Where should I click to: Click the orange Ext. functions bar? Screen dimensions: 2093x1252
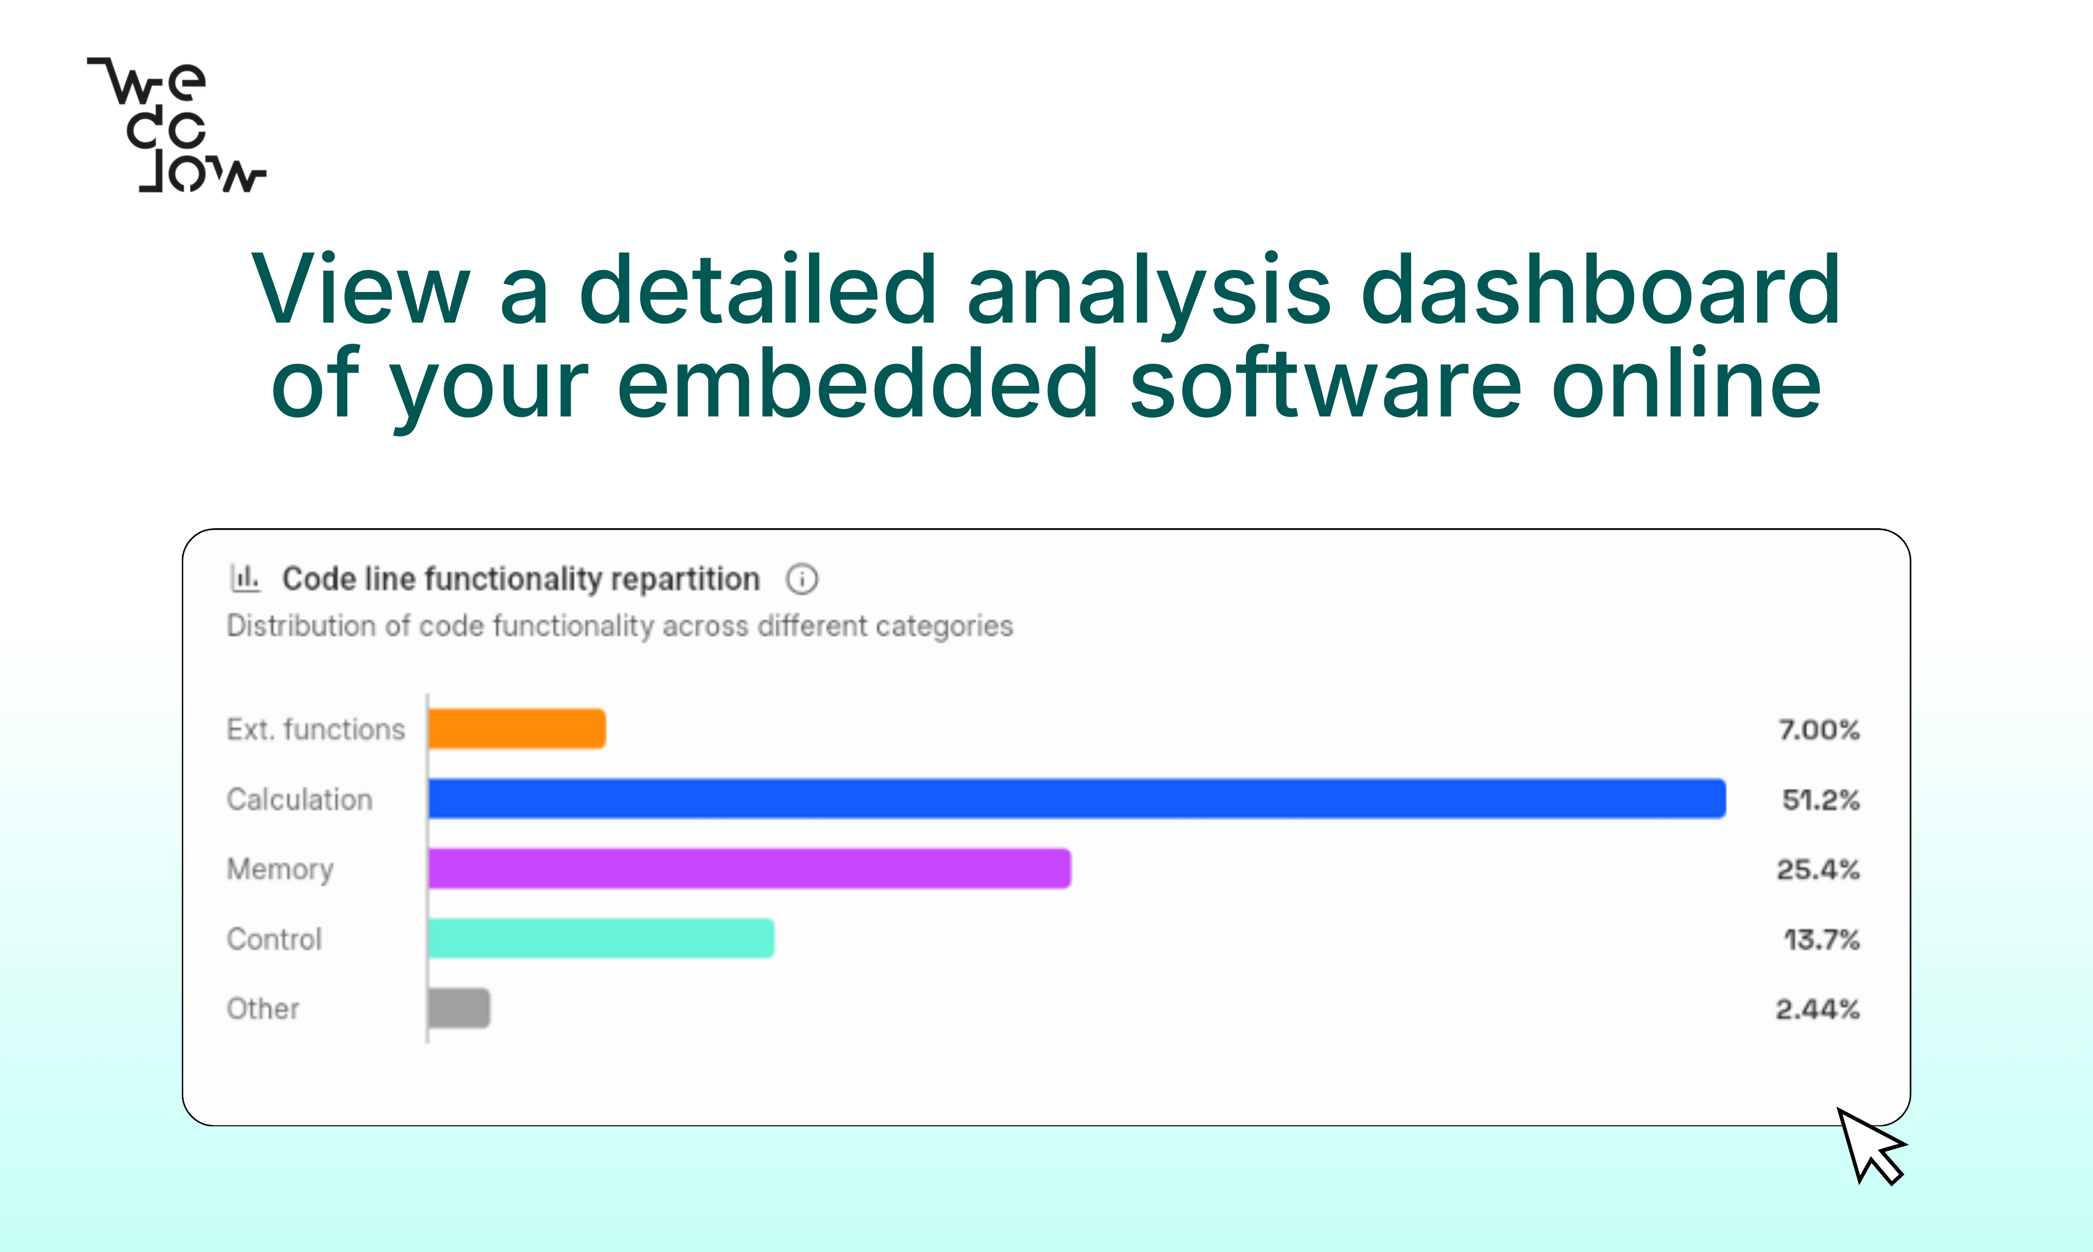pos(516,729)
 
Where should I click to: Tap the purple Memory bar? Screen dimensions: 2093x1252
pos(749,868)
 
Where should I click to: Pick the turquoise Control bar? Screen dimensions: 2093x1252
pos(601,938)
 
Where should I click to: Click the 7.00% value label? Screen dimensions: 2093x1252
pos(1819,730)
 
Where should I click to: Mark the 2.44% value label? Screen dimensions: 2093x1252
pos(1818,1009)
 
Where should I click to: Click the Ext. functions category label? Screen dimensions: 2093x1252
pos(316,729)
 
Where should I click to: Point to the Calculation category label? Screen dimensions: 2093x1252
pos(300,799)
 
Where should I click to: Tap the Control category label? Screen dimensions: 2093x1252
pos(274,939)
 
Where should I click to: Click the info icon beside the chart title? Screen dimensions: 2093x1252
pos(802,579)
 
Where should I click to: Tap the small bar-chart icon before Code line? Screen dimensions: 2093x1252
pos(245,578)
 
